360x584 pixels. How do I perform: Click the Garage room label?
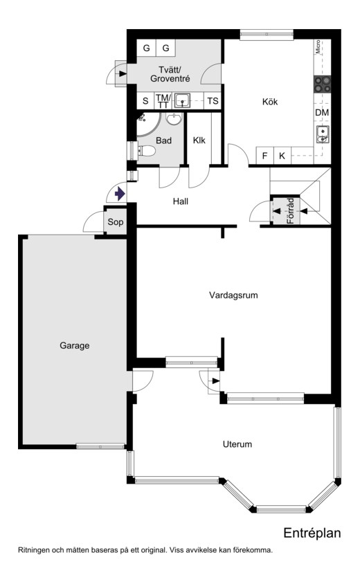[75, 346]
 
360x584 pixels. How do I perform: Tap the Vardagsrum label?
[233, 295]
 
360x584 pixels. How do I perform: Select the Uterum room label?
[237, 444]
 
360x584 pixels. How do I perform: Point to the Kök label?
[270, 102]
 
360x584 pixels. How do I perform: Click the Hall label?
[181, 201]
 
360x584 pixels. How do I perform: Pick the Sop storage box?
[116, 222]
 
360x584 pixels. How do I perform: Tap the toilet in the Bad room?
[146, 151]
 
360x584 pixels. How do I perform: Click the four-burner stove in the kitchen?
[322, 84]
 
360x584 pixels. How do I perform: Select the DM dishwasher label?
[322, 112]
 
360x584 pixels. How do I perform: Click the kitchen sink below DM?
[323, 134]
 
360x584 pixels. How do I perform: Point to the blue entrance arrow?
[120, 194]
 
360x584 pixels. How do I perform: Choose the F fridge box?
[265, 156]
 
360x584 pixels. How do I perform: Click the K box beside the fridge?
[282, 156]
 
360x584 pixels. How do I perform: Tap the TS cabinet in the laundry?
[213, 101]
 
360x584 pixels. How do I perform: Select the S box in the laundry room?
[145, 101]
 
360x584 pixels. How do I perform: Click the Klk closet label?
[199, 140]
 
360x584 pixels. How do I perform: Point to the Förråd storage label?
[291, 211]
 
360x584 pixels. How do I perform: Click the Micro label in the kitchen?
[318, 47]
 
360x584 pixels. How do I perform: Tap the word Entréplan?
[312, 533]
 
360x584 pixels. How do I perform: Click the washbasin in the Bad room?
[174, 119]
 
